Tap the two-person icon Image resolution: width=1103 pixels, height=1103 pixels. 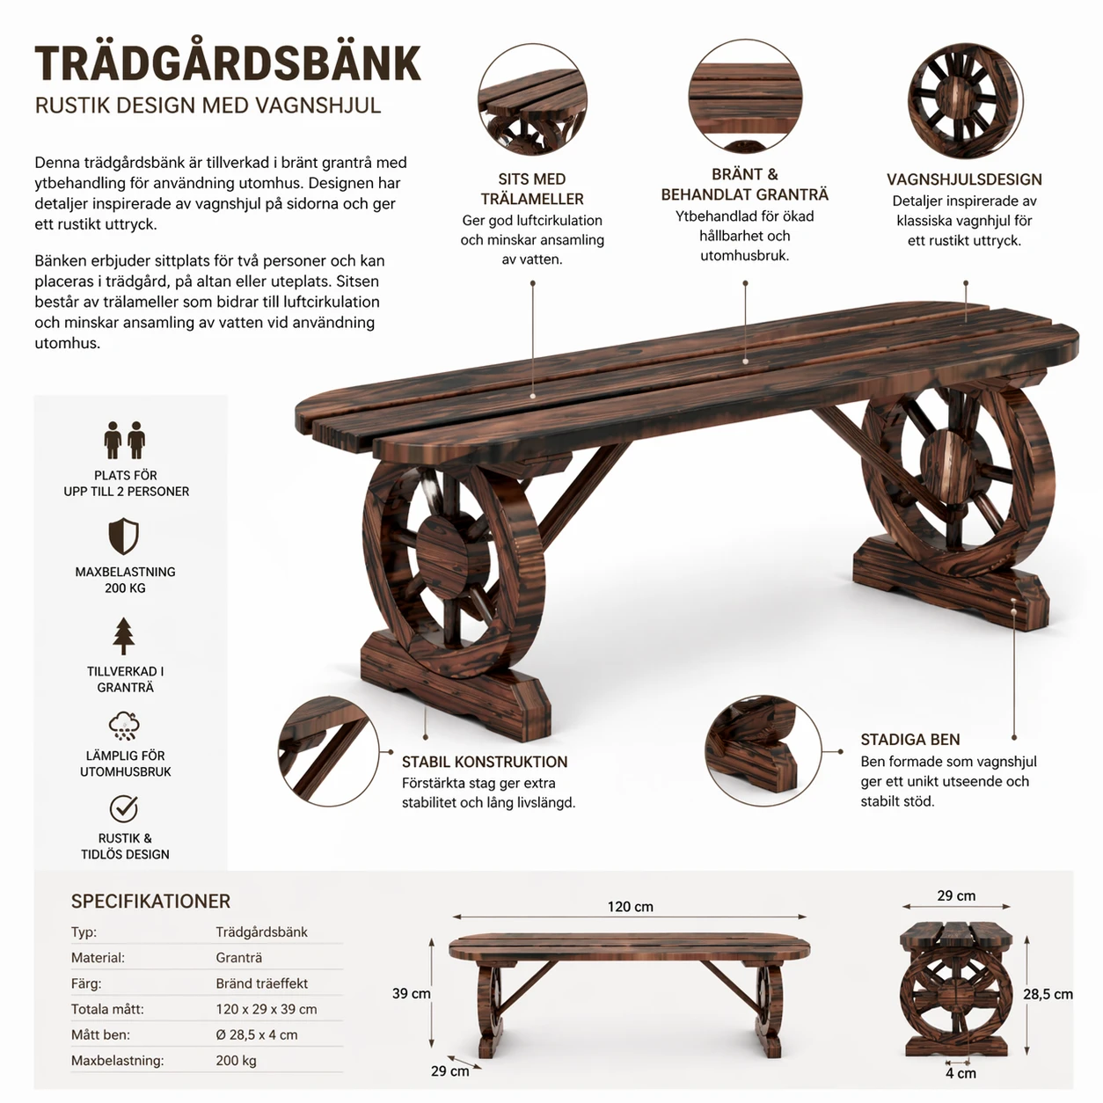124,440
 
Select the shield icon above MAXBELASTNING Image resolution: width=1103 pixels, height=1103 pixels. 124,537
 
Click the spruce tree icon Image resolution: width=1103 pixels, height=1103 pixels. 124,636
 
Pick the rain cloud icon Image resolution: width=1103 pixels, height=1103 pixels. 124,726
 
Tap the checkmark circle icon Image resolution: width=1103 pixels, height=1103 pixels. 124,808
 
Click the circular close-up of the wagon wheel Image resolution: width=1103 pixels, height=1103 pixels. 965,101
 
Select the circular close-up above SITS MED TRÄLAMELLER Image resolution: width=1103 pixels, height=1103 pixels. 532,99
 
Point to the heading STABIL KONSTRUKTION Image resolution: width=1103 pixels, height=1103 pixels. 485,762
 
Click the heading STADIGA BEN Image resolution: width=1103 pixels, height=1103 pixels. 910,740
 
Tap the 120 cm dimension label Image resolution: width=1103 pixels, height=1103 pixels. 630,906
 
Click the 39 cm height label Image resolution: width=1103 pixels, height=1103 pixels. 411,993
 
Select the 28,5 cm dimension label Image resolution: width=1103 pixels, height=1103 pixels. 1048,994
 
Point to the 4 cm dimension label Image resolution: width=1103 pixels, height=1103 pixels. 961,1073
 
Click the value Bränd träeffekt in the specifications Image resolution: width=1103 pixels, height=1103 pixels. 261,983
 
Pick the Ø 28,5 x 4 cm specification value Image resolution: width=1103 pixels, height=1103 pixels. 257,1035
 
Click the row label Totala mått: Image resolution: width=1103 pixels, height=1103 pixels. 107,1009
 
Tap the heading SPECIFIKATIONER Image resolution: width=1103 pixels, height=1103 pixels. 150,902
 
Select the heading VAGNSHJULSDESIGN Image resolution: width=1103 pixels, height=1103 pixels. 965,179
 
